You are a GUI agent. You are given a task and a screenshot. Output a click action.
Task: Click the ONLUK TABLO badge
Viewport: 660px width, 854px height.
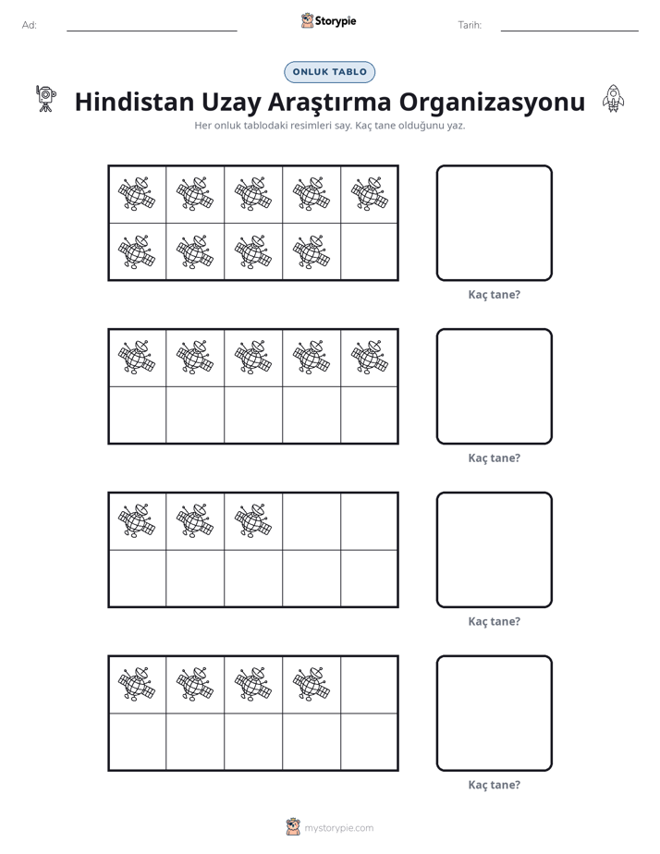329,72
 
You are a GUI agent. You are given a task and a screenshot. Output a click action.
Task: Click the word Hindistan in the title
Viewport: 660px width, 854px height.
135,102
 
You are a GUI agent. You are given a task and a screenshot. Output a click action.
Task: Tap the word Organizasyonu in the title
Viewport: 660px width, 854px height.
493,103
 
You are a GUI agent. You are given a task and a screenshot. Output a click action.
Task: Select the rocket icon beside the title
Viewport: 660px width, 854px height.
613,99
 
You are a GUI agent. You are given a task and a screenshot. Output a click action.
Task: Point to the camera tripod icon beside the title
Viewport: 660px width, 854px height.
45,98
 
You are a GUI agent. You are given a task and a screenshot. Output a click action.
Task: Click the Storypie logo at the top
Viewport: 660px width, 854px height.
329,21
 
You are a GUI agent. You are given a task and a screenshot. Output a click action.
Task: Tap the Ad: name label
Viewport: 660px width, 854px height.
30,25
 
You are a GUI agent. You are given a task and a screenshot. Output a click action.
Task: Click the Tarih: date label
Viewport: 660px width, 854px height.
470,25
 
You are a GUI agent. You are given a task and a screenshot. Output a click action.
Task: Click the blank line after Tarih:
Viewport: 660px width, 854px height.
569,31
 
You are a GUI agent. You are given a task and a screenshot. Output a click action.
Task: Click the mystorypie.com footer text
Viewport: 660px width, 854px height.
338,828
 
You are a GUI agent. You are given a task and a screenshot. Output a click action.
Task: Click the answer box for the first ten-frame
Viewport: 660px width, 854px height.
495,224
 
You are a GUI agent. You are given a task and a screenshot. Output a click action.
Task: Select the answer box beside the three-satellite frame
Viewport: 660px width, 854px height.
495,550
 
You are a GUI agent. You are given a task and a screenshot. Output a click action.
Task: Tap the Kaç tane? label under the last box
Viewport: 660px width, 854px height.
495,785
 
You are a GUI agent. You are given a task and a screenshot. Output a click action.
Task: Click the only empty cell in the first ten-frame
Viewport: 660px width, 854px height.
369,251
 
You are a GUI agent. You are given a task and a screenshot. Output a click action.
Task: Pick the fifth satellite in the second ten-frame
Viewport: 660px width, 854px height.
370,358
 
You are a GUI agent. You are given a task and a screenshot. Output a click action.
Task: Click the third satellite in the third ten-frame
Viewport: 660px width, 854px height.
253,520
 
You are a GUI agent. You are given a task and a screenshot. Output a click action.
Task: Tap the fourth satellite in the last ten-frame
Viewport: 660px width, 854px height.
312,684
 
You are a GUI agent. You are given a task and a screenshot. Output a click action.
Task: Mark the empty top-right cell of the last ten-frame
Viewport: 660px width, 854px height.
369,685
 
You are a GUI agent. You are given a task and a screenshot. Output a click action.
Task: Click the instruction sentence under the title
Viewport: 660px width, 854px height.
330,126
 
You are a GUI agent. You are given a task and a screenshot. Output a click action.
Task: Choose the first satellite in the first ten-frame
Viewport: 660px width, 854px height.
137,194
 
